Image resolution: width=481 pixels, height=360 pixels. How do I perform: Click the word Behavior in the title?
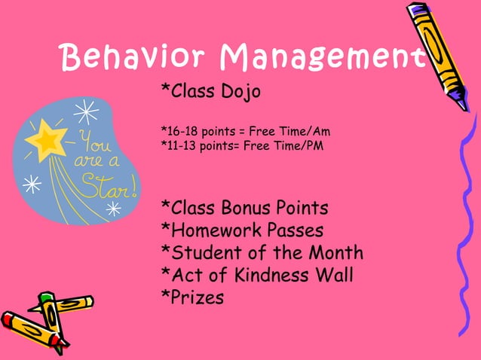(x=135, y=55)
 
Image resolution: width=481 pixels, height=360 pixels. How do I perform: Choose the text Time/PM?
(x=299, y=145)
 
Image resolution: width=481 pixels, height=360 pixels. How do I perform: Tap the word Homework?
(x=211, y=230)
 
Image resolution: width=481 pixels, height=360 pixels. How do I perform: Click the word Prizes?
(x=198, y=297)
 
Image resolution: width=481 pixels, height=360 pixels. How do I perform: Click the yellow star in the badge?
(x=47, y=139)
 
